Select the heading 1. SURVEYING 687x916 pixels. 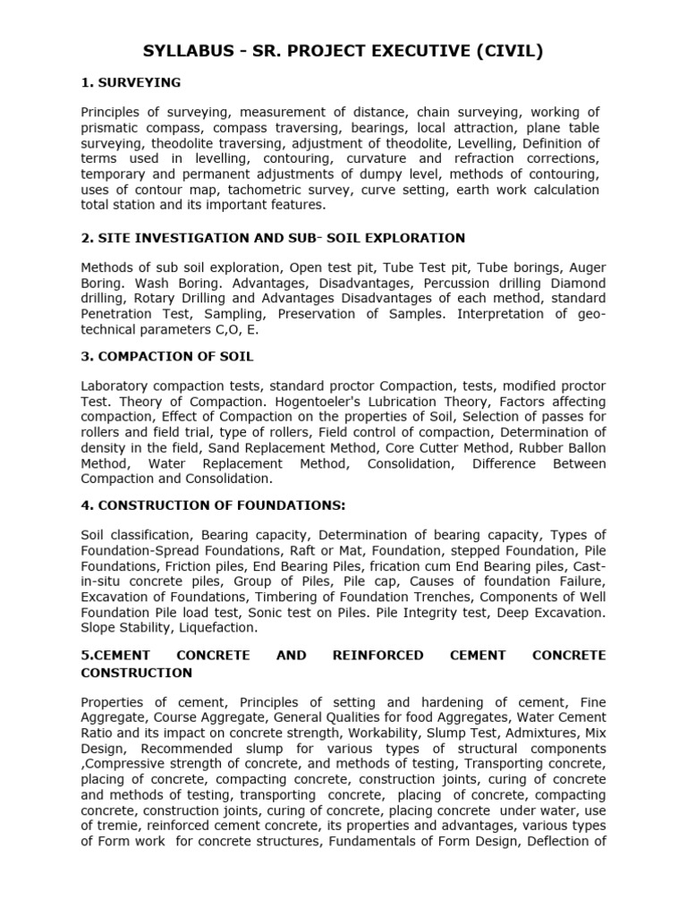[x=131, y=82]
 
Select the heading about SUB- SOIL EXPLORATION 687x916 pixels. [x=273, y=238]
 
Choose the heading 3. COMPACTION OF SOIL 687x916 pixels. [x=167, y=356]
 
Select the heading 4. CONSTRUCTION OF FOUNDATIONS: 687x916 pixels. [x=213, y=505]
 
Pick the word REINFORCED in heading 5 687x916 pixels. [x=378, y=656]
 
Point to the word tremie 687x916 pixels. [x=113, y=826]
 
